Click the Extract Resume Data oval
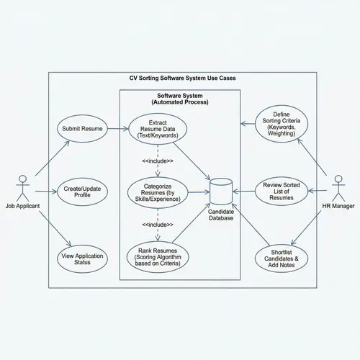pyautogui.click(x=158, y=129)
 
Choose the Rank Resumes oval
pyautogui.click(x=158, y=258)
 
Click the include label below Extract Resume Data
pyautogui.click(x=158, y=160)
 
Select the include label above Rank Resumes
pyautogui.click(x=158, y=225)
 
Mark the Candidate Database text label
pyautogui.click(x=221, y=214)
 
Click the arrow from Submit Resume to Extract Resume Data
pyautogui.click(x=116, y=129)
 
